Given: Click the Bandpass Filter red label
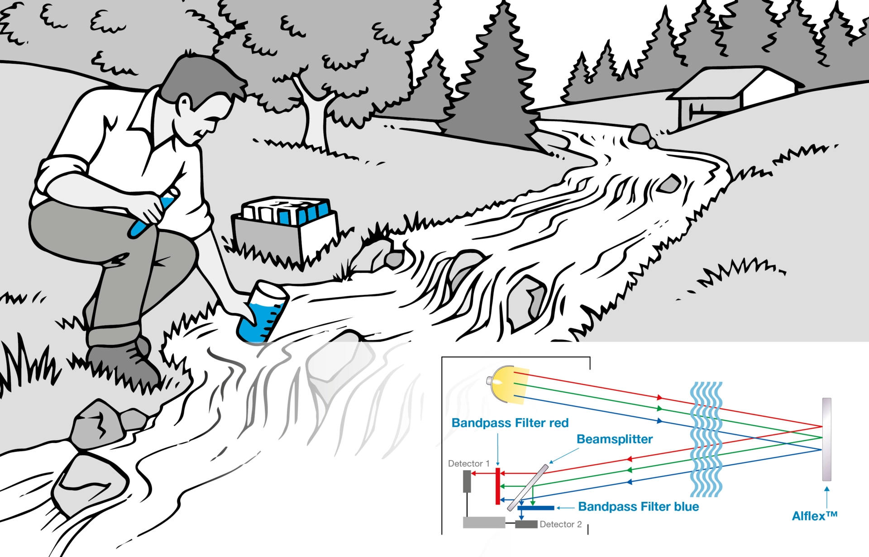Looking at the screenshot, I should tap(510, 423).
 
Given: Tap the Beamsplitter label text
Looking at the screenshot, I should tap(614, 439).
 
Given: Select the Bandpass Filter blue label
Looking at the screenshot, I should tap(638, 507).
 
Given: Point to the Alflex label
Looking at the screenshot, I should tap(814, 516).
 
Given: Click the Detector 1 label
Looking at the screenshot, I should tap(468, 463).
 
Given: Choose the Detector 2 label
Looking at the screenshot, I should tap(560, 524).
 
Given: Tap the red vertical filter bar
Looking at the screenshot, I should tap(498, 486).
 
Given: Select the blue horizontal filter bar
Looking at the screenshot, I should tap(536, 508).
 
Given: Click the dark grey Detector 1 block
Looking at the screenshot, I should tap(467, 481).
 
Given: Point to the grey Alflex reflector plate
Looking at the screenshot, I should tap(826, 439).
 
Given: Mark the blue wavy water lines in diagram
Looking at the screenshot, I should tap(706, 439).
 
